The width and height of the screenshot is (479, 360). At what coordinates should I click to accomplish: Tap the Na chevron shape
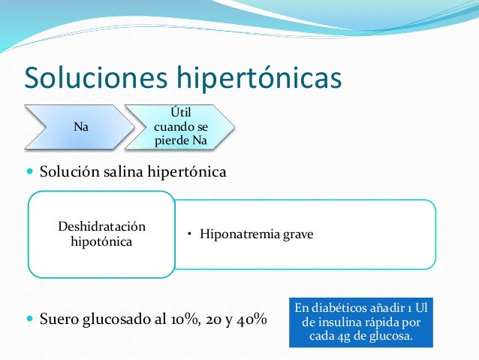(x=79, y=127)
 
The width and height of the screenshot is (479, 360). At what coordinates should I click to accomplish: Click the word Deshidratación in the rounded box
(x=102, y=227)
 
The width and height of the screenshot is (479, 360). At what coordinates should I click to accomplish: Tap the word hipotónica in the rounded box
(x=102, y=242)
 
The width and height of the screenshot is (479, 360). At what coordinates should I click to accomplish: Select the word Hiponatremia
(x=240, y=234)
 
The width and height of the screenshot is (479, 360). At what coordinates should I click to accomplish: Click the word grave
(x=298, y=234)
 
